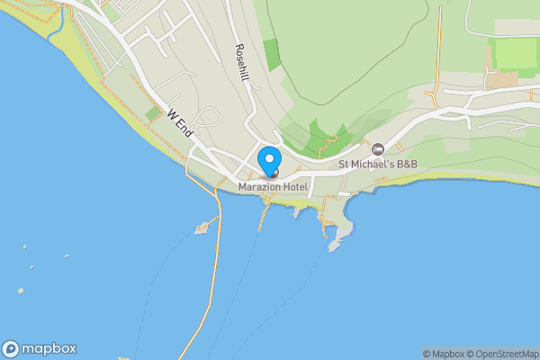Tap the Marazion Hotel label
point(273,187)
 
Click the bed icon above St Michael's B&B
point(377,148)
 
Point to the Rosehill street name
point(241,63)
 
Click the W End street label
point(181,122)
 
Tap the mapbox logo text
point(49,348)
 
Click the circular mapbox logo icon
point(12,348)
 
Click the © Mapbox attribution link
point(442,354)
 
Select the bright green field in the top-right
point(516,54)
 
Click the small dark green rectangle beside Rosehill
point(271,55)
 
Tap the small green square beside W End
point(152,114)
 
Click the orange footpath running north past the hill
point(439,45)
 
